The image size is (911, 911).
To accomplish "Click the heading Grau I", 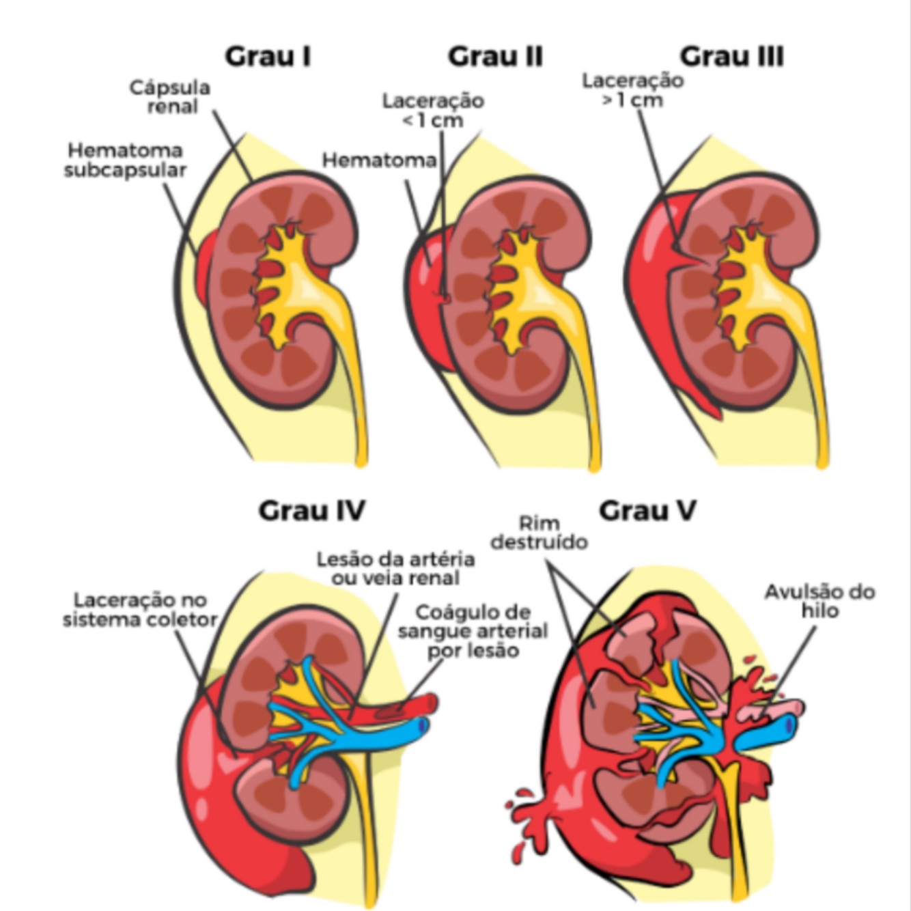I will tap(268, 57).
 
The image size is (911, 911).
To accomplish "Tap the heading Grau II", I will tap(495, 57).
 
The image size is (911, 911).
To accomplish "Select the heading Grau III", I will tap(731, 57).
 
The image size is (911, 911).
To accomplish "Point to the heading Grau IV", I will tap(311, 510).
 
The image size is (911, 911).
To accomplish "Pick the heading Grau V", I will tap(647, 510).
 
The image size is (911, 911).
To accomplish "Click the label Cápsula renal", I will tap(170, 97).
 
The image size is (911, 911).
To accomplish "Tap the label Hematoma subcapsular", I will tap(126, 160).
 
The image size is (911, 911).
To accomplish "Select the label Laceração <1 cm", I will tap(433, 110).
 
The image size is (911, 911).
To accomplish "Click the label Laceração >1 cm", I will tap(632, 89).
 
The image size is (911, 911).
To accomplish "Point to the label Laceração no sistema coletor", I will tap(140, 610).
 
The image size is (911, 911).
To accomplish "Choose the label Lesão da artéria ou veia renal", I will tap(395, 569).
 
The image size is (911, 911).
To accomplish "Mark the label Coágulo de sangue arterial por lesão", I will tap(473, 630).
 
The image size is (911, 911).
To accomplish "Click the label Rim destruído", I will tap(539, 533).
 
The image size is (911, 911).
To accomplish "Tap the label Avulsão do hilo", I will tap(819, 601).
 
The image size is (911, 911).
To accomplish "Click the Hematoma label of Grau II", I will tap(379, 160).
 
